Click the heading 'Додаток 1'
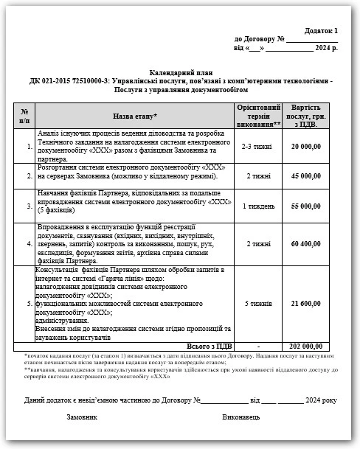322,31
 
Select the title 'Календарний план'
181,73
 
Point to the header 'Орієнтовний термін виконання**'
257,116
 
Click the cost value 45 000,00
306,176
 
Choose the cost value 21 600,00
306,303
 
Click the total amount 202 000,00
305,346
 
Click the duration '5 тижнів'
257,303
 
